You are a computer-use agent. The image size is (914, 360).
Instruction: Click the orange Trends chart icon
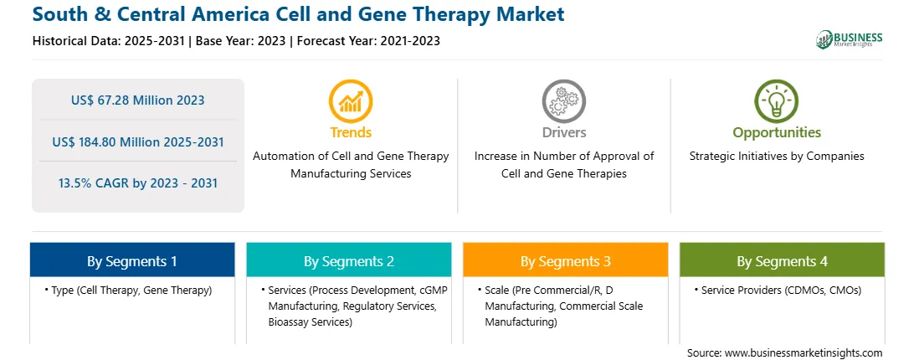click(351, 101)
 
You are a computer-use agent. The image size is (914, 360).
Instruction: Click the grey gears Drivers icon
click(563, 101)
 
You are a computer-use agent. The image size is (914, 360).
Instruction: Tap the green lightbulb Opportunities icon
click(777, 101)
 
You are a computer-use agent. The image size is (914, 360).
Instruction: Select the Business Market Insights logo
click(850, 39)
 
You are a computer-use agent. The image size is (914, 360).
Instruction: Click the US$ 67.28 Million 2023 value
click(137, 100)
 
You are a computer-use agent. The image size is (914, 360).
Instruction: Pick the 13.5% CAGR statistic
click(137, 183)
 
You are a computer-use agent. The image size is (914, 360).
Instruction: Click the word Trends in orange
click(351, 132)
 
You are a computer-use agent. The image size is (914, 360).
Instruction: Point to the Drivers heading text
click(563, 132)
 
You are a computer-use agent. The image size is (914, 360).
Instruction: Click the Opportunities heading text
click(777, 132)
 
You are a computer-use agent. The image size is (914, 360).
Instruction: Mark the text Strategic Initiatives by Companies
click(777, 156)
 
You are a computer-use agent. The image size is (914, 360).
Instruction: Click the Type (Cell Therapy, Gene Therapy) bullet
click(128, 290)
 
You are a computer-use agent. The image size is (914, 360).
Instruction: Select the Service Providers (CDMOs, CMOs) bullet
click(778, 290)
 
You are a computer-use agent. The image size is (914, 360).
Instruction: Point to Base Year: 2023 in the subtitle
click(241, 41)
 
